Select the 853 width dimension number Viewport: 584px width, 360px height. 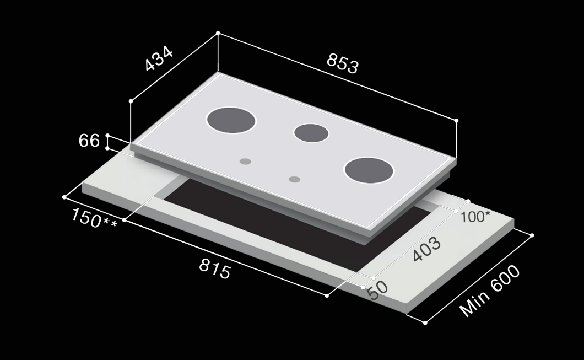click(342, 63)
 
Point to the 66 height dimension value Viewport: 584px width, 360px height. click(89, 141)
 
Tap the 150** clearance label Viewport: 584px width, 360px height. click(94, 218)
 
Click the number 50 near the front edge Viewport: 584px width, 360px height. click(378, 291)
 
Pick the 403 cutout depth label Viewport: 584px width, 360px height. click(427, 250)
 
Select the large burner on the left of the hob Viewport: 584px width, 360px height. click(231, 120)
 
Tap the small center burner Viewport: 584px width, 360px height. click(311, 133)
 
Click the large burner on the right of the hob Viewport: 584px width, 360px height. click(369, 170)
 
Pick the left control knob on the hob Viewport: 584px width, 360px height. click(246, 162)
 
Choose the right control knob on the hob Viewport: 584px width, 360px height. click(295, 179)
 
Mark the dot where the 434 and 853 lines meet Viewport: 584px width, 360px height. click(218, 33)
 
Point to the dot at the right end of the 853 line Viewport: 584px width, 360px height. click(457, 120)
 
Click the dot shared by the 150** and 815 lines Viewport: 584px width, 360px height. click(125, 220)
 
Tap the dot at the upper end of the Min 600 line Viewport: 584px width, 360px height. click(532, 235)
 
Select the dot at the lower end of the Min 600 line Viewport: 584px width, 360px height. click(425, 323)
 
